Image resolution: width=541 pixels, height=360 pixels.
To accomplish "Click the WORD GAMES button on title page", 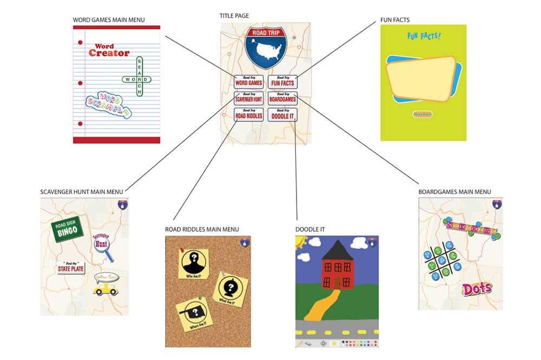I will tap(248, 82).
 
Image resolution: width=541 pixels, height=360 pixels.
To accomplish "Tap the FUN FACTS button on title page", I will tap(282, 82).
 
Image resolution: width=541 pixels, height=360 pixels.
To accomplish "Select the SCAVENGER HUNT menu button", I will tap(248, 98).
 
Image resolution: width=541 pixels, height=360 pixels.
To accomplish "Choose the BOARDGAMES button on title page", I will tap(282, 98).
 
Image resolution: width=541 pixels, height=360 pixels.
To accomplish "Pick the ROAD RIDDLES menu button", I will tap(248, 115).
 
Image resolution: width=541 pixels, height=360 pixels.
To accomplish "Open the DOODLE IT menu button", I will tap(282, 115).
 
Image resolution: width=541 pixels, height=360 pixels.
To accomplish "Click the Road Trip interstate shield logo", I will tap(265, 46).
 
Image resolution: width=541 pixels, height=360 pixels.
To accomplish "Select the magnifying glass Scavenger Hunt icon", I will tap(102, 245).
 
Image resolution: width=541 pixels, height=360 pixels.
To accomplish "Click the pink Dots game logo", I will tap(477, 288).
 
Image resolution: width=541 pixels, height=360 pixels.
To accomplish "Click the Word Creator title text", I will tap(109, 51).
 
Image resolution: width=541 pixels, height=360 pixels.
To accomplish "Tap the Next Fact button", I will tap(422, 115).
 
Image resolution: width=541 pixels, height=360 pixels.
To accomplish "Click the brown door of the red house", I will tap(338, 282).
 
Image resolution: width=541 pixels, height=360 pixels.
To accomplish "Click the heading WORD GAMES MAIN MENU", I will tap(108, 20).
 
